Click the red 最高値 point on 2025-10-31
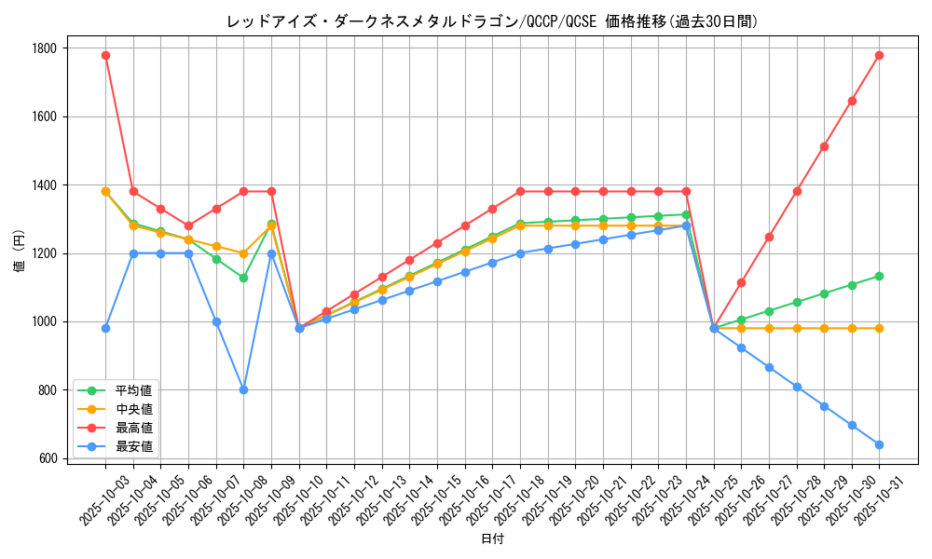point(879,55)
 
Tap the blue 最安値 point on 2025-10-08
point(243,389)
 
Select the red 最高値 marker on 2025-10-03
point(105,55)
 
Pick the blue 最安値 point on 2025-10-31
point(879,444)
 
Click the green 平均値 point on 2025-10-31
point(879,276)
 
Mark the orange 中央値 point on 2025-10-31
point(879,328)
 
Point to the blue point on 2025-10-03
point(105,328)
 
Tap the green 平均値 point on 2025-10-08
point(243,278)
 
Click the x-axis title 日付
point(492,539)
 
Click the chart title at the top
point(492,21)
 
